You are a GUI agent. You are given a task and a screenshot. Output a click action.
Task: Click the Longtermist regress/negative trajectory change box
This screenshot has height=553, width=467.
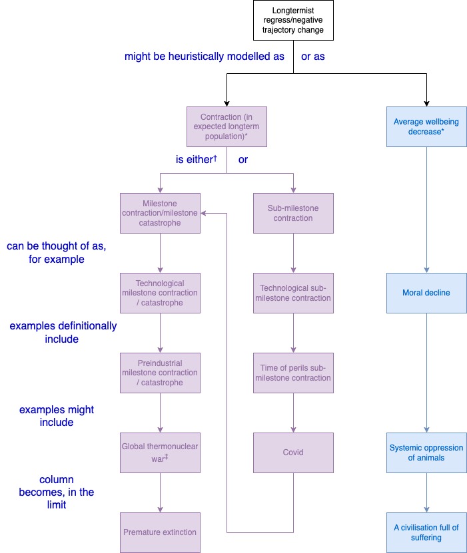click(293, 20)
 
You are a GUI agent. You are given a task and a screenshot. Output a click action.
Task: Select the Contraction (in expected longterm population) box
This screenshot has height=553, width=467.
click(227, 126)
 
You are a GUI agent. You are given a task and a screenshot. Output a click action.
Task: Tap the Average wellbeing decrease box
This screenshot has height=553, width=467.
click(426, 126)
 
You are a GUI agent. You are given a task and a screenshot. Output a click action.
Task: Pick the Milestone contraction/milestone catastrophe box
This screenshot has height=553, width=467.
click(160, 213)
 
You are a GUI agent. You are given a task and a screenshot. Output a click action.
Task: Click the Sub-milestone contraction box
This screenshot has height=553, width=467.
click(293, 213)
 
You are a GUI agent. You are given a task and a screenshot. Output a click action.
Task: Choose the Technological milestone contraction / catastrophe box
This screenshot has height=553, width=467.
click(160, 293)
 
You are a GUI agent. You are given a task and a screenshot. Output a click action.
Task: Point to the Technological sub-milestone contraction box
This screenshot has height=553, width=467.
click(293, 293)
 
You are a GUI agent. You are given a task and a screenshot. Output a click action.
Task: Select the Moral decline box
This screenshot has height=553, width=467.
click(426, 293)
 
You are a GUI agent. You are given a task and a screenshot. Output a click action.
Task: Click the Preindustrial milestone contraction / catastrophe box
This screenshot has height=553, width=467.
click(160, 373)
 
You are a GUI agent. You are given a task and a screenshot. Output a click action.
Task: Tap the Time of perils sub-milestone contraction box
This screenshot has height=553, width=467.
click(293, 373)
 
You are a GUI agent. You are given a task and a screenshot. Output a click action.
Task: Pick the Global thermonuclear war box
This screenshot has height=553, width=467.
click(160, 453)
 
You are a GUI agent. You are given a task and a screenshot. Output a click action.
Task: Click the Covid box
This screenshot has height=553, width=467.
click(293, 453)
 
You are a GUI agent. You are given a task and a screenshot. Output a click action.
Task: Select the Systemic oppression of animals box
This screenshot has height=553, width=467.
click(426, 453)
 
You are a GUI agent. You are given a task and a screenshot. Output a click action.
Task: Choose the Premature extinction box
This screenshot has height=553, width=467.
click(160, 532)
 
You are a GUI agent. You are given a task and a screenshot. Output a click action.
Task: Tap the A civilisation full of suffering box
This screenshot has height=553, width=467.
click(426, 532)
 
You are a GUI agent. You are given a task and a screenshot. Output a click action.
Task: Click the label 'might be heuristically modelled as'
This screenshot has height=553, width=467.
click(205, 57)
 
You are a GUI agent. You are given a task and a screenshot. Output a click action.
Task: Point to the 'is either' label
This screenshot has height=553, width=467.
click(197, 160)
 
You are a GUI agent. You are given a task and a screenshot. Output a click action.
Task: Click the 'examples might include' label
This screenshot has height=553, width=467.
click(57, 416)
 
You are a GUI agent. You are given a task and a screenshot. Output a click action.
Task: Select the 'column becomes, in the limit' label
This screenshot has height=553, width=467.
click(57, 492)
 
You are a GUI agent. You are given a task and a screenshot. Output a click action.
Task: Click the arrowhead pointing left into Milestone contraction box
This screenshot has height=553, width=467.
click(203, 213)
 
